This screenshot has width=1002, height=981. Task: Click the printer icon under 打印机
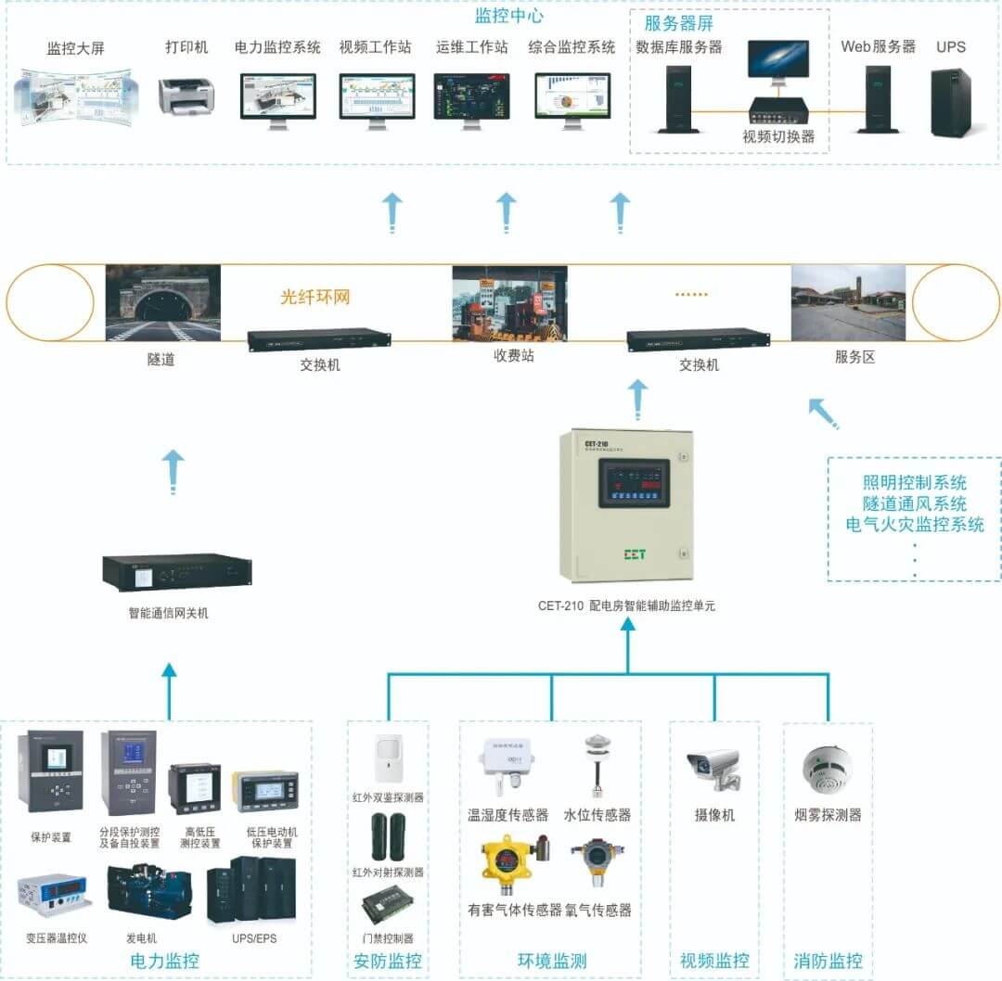[x=186, y=95]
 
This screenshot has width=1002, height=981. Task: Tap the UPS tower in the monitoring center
[x=951, y=102]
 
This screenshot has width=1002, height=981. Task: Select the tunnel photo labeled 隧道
[x=162, y=303]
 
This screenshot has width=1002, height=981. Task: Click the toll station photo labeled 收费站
[x=508, y=305]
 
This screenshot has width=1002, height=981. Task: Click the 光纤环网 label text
[x=315, y=298]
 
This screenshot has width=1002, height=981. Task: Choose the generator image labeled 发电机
[x=148, y=892]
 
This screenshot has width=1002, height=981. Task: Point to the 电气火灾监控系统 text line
[x=915, y=525]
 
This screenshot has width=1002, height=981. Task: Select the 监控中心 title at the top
[x=508, y=16]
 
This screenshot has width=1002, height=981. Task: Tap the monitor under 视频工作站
[x=376, y=96]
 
